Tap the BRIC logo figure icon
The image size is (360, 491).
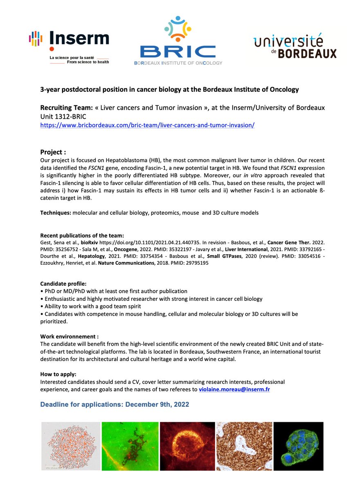178,29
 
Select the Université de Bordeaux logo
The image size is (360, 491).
295,47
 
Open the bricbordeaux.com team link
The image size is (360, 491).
147,125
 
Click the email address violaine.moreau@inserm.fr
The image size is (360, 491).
234,390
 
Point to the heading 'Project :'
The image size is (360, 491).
53,152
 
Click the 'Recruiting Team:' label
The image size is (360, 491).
67,108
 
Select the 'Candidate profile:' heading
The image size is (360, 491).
63,284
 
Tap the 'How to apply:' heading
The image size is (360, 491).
59,374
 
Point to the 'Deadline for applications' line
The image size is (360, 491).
115,405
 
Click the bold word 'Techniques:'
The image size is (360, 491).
55,212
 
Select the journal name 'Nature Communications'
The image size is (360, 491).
124,263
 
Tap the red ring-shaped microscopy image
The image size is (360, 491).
187,446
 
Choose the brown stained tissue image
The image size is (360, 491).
244,446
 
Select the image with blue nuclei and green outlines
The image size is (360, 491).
298,446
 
